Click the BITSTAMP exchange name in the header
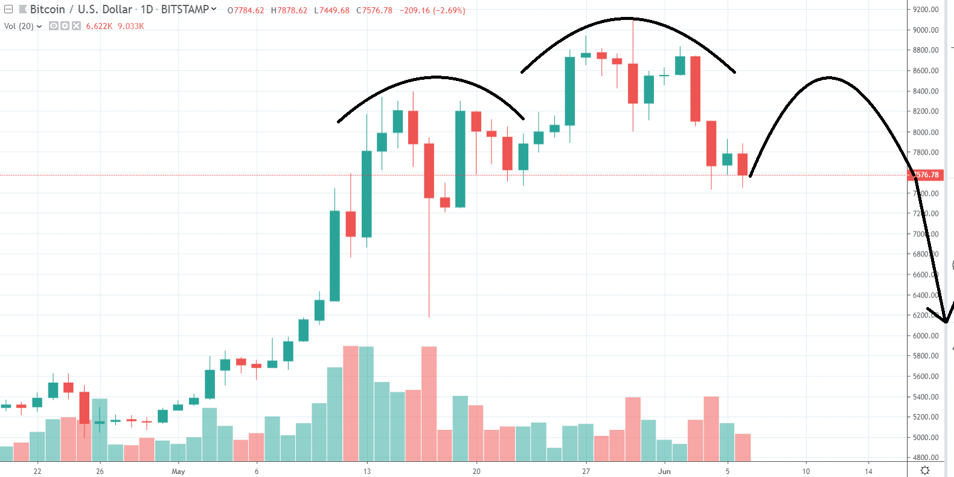185,10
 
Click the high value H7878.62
289,10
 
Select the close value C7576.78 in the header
374,10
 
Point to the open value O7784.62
246,10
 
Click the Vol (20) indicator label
19,26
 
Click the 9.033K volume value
131,26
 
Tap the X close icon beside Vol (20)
76,26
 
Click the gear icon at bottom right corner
924,470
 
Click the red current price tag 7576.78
926,175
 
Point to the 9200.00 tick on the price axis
926,10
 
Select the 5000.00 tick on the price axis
926,437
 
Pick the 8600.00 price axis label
926,71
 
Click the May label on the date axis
178,471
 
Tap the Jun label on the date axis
664,471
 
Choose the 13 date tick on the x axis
367,471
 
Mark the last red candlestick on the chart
743,164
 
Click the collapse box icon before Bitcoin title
8,10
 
